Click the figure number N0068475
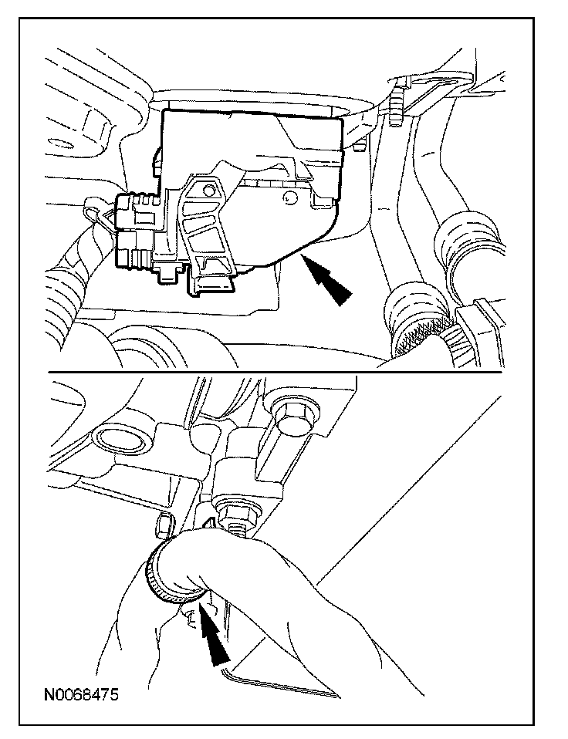(x=81, y=694)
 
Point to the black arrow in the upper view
(x=326, y=279)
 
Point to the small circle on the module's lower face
(x=287, y=199)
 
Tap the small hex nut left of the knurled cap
(x=163, y=525)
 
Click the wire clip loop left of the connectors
(x=96, y=213)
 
